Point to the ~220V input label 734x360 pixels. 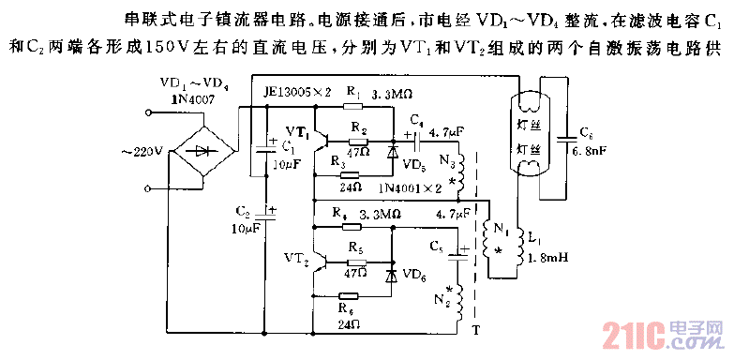tap(139, 151)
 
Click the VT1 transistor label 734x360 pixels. tap(297, 128)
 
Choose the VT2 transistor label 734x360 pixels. tap(295, 254)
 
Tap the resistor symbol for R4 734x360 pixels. tap(352, 226)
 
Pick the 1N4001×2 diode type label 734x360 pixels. tap(411, 188)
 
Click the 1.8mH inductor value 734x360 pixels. tap(547, 258)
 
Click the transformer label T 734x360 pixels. tap(476, 331)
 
